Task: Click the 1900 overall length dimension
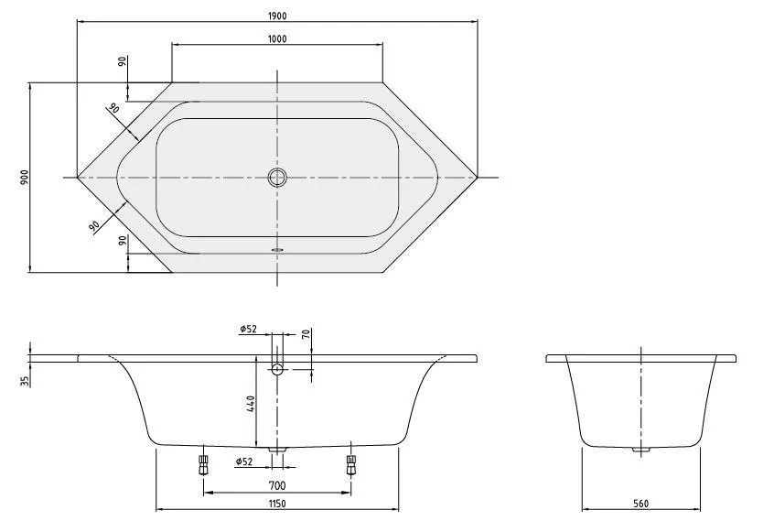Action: pos(277,16)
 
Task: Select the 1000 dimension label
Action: pos(277,38)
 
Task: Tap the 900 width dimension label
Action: pos(25,177)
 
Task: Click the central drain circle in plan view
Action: pos(277,177)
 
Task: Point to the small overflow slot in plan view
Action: pos(278,250)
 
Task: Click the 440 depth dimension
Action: pos(251,404)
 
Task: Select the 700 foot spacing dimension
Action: pos(277,485)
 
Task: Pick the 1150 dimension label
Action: pos(277,504)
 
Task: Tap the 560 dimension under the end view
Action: pos(640,504)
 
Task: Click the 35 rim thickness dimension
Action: pos(25,380)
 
